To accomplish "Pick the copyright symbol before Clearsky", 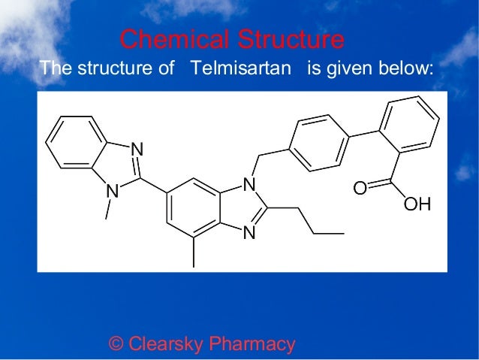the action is coord(116,344).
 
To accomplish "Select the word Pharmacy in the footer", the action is coord(252,344).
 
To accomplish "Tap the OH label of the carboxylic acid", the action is coord(417,204).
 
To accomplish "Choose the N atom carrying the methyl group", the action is coord(113,192).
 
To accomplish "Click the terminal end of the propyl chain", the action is coord(343,234).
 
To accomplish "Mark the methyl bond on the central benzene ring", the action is coord(194,253).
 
